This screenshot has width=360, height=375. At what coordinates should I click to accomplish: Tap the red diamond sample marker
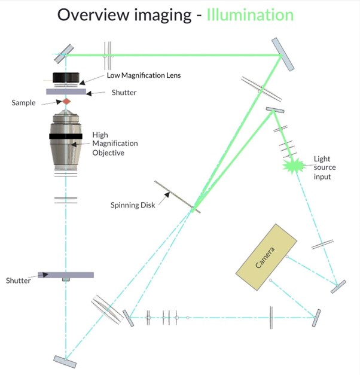point(66,102)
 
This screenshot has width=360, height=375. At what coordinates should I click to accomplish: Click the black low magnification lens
point(66,78)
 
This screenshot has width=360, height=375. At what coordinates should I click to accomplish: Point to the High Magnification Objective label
point(114,144)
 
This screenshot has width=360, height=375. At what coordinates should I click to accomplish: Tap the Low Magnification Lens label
point(143,75)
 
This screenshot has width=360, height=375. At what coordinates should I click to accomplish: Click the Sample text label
point(23,103)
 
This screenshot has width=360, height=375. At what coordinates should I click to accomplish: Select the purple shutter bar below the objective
point(66,275)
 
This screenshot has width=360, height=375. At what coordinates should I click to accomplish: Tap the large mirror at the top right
point(283,54)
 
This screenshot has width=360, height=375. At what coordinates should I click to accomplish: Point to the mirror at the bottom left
point(65,361)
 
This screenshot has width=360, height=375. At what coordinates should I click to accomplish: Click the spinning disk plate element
point(175,197)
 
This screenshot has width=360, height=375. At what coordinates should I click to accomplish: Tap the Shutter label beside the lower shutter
point(17,280)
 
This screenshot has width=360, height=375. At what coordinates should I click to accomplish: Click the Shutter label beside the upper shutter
point(124,93)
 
